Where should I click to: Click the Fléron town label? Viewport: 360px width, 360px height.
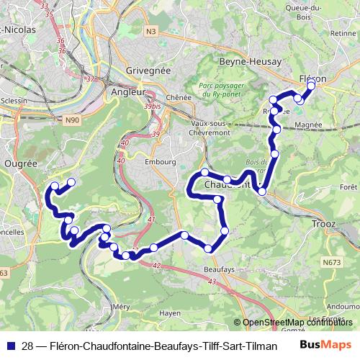pos(312,78)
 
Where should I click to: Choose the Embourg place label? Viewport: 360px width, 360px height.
pos(161,162)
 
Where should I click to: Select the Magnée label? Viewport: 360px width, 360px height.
pos(307,125)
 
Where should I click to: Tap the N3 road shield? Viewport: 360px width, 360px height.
pos(150,31)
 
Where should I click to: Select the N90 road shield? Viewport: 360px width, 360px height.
pos(72,121)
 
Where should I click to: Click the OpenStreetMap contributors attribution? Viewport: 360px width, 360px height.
pos(292,322)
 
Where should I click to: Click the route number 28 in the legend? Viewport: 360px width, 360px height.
pos(26,346)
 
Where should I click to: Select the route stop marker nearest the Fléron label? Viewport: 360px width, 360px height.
pos(311,86)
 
